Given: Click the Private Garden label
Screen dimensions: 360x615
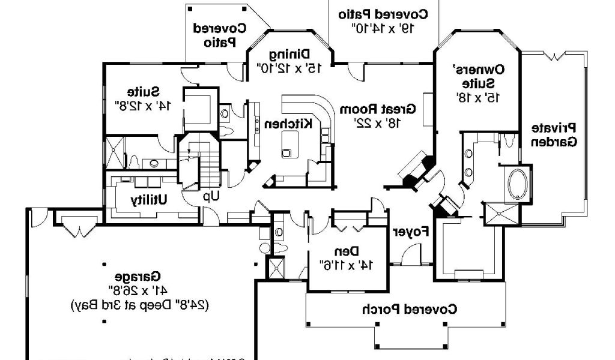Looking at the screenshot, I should tap(553, 135).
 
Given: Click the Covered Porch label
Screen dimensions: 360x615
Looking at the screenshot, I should tap(409, 310).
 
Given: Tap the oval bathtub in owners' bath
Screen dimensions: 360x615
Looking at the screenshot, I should tap(516, 185).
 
